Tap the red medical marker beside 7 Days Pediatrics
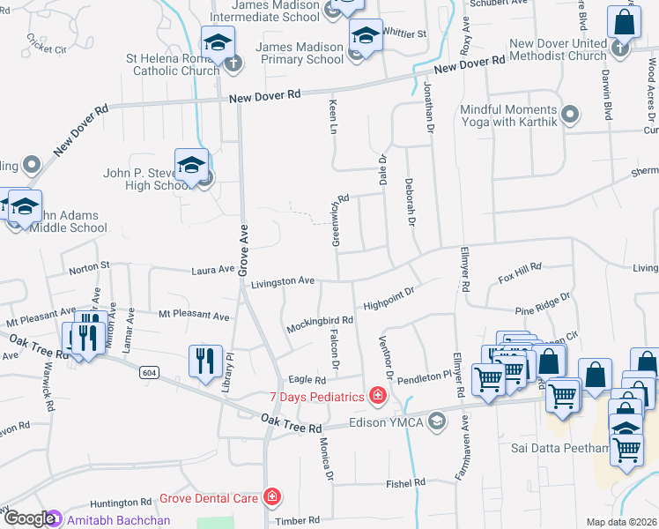(x=378, y=396)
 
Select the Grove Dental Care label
(x=209, y=498)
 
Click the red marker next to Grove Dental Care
(x=272, y=498)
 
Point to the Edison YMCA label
(x=389, y=421)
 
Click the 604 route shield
(x=148, y=373)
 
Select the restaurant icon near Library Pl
(x=204, y=361)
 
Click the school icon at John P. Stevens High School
(x=191, y=165)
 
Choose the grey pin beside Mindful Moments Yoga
(x=570, y=114)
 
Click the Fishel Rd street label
(x=405, y=483)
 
